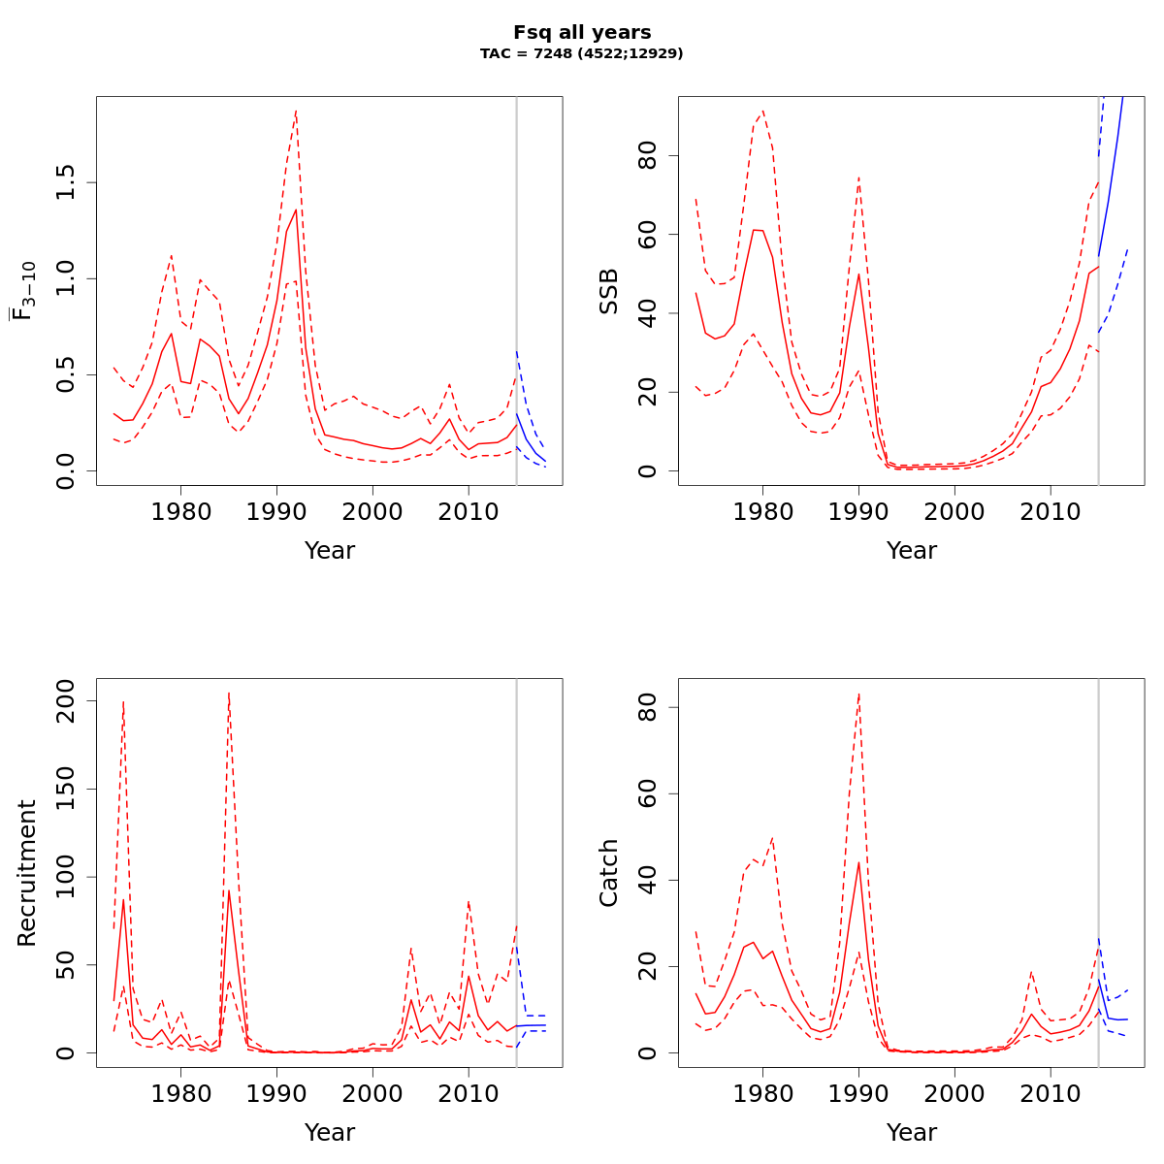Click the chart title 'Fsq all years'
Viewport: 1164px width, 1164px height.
click(582, 33)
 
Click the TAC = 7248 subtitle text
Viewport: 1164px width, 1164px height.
click(582, 53)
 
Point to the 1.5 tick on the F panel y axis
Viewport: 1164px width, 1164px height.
click(65, 182)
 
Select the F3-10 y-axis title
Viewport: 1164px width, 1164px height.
click(24, 291)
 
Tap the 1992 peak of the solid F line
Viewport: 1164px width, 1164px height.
click(296, 210)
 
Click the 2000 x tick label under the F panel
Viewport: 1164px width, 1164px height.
click(372, 511)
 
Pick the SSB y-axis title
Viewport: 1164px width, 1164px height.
click(608, 291)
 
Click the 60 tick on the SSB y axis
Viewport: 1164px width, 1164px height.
click(647, 235)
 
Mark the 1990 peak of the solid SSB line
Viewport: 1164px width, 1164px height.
click(858, 274)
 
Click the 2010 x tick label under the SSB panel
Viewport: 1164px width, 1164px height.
click(1051, 511)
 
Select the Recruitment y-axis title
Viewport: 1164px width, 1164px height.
click(26, 873)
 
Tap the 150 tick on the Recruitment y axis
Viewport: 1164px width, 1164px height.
click(65, 789)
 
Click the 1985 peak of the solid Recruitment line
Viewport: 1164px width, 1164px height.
click(229, 890)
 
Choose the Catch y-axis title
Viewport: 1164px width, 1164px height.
click(608, 873)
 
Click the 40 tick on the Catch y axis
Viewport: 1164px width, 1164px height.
click(647, 881)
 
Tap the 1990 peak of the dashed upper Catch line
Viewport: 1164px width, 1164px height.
click(858, 695)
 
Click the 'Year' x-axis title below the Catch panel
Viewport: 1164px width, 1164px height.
click(912, 1132)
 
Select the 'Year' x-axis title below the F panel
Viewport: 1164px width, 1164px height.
click(330, 550)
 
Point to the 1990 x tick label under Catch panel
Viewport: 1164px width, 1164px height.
click(858, 1093)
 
